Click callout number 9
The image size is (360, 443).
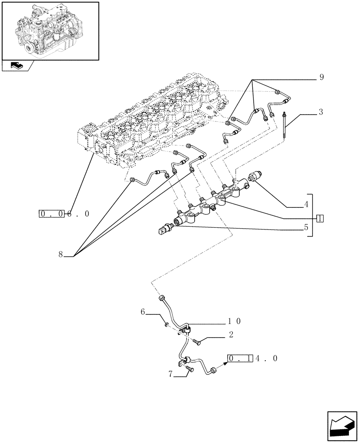(x=321, y=78)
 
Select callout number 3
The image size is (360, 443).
(x=320, y=112)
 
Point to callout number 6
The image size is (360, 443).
(x=143, y=311)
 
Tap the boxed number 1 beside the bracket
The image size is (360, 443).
(x=320, y=218)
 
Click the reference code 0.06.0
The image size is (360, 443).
(x=64, y=214)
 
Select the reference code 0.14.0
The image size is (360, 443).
(x=253, y=358)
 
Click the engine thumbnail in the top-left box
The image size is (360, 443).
(x=50, y=30)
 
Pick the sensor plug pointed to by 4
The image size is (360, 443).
(x=256, y=176)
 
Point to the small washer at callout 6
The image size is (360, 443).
(x=165, y=326)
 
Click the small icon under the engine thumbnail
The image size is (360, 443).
(x=17, y=66)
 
